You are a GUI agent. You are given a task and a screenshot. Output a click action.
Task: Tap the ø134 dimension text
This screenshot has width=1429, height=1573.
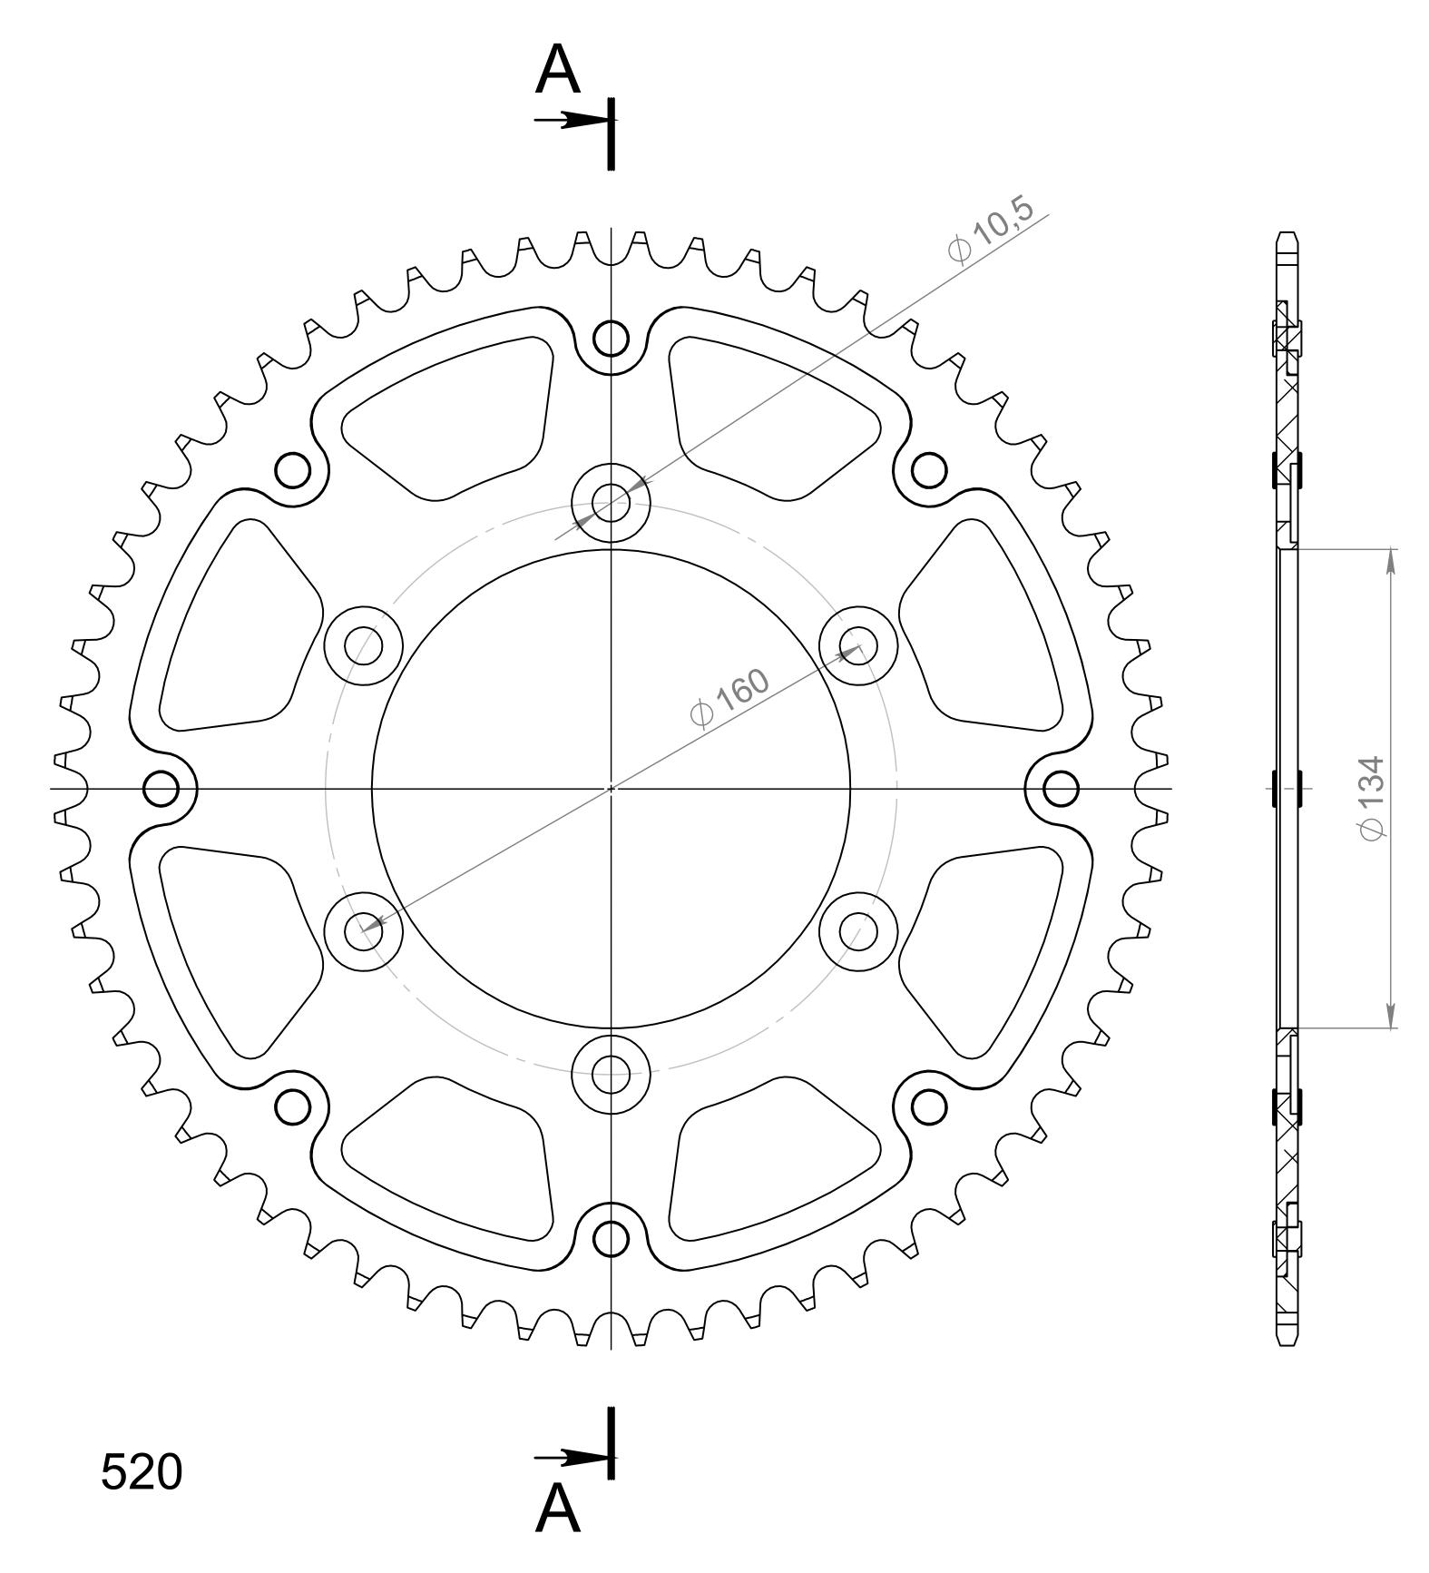[1372, 798]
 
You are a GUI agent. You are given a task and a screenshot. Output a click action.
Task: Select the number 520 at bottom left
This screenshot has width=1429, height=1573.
[142, 1471]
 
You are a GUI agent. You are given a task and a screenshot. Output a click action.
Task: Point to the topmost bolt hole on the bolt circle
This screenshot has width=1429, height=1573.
[612, 502]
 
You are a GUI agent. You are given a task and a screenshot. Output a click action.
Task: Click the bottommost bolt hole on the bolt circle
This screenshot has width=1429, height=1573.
[612, 1075]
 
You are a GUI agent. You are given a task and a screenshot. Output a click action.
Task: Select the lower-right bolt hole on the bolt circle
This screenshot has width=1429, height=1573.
[858, 930]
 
